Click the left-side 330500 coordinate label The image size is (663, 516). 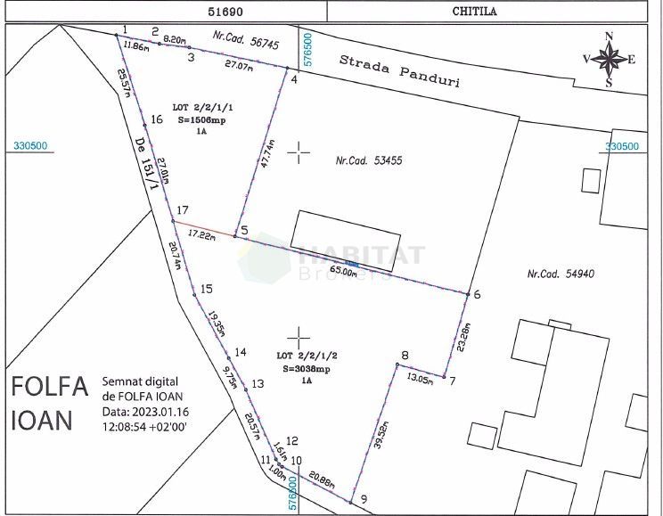30,147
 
